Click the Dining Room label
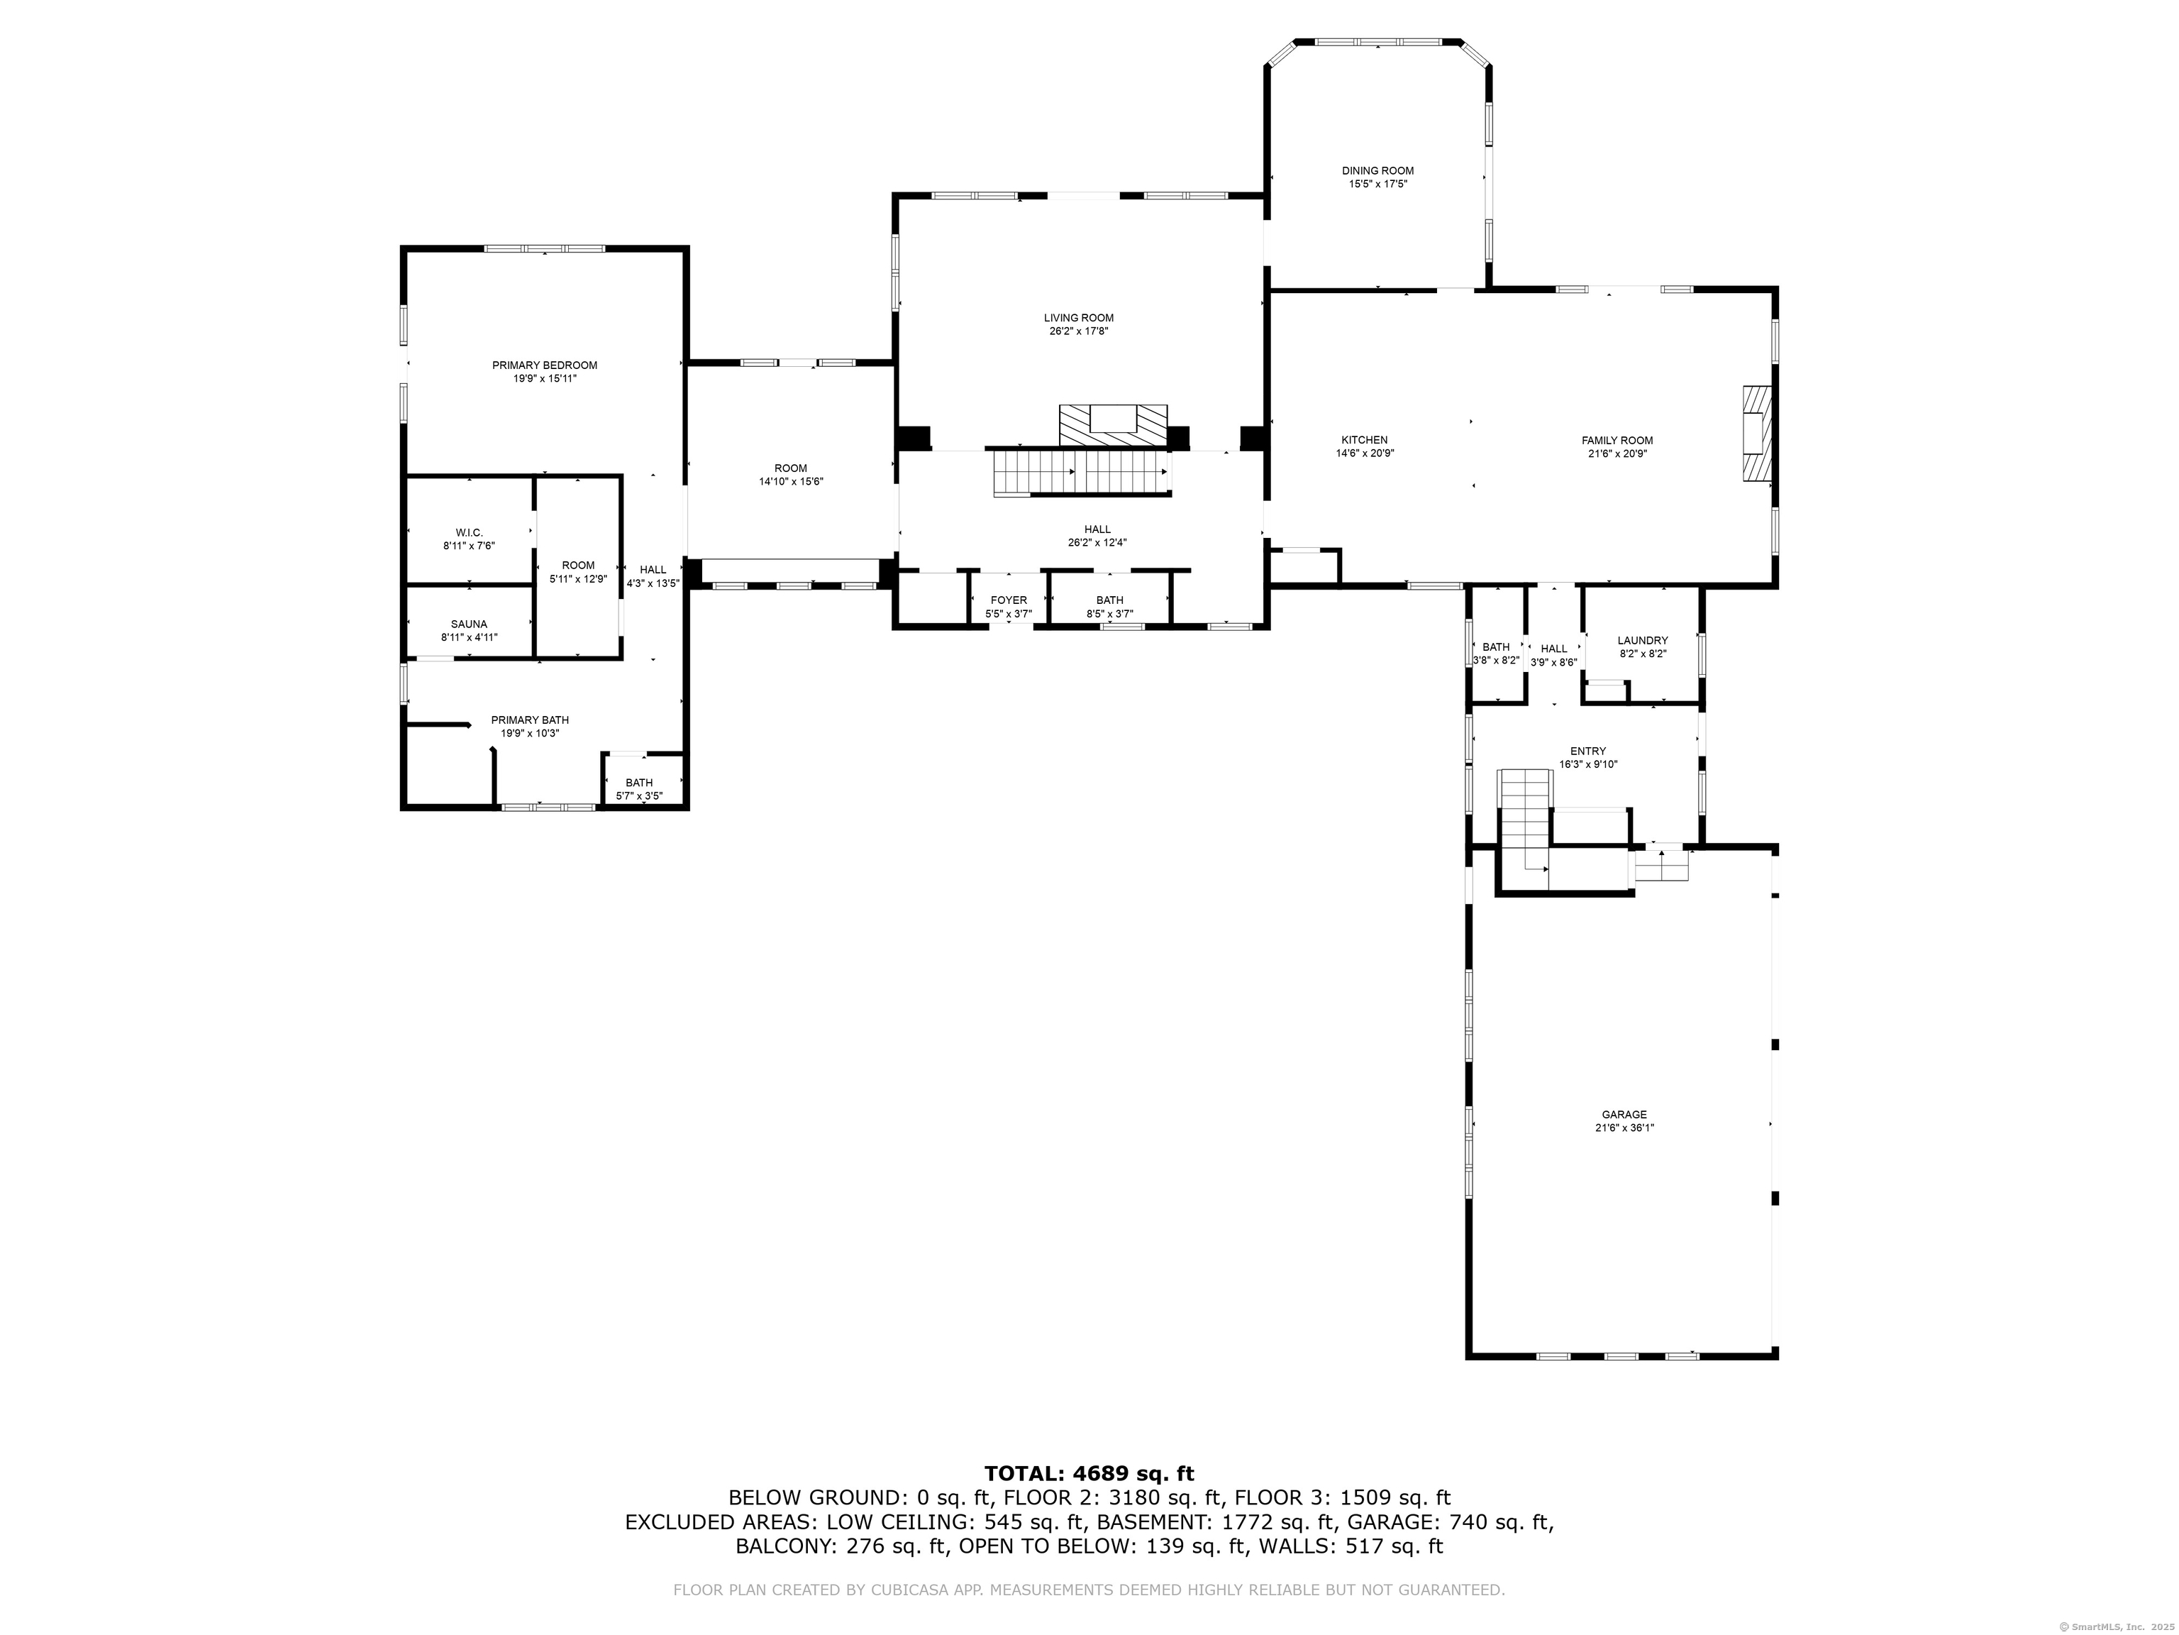tap(1377, 170)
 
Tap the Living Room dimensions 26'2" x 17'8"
tap(1079, 332)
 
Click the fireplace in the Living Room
tap(1113, 424)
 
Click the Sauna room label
tap(469, 624)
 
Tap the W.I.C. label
tap(469, 532)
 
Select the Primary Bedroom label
tap(545, 365)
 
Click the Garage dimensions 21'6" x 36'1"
tap(1624, 1128)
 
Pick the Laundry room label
tap(1642, 641)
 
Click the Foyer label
tap(1009, 600)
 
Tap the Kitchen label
tap(1364, 441)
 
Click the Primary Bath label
tap(530, 720)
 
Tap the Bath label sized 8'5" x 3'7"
tap(1109, 600)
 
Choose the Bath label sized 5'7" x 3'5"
tap(638, 783)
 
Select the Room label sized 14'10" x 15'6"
tap(790, 468)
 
